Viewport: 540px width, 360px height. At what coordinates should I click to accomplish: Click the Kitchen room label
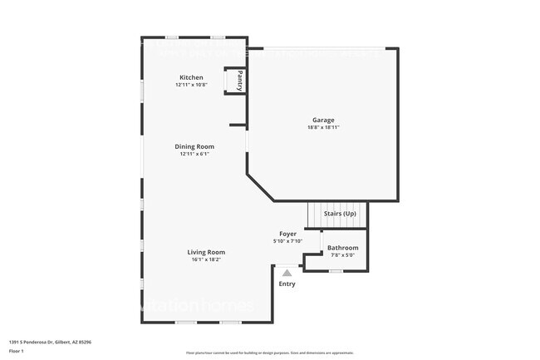191,77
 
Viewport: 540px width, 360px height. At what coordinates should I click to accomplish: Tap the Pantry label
239,81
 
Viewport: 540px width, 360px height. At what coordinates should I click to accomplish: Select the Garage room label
323,119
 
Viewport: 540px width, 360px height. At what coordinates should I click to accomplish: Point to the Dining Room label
194,146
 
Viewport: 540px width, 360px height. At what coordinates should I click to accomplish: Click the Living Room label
205,252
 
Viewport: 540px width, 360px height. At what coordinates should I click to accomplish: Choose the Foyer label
287,234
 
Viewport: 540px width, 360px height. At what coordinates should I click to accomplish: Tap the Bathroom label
342,248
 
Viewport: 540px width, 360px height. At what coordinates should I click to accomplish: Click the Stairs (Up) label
340,214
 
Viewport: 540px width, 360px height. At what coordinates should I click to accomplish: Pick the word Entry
287,284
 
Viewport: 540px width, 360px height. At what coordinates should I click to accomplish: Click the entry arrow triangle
287,272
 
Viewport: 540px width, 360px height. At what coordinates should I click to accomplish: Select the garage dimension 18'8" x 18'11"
323,127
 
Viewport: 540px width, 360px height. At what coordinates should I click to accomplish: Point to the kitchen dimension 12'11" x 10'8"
191,85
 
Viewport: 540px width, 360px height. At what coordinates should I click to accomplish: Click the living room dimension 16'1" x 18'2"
205,259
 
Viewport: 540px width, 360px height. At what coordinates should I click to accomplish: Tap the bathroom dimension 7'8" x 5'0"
342,255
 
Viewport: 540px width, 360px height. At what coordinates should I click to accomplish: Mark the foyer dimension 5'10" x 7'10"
287,241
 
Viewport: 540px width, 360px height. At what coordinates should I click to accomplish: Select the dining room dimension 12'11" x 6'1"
194,154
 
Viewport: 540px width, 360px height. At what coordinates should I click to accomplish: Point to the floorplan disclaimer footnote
269,353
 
